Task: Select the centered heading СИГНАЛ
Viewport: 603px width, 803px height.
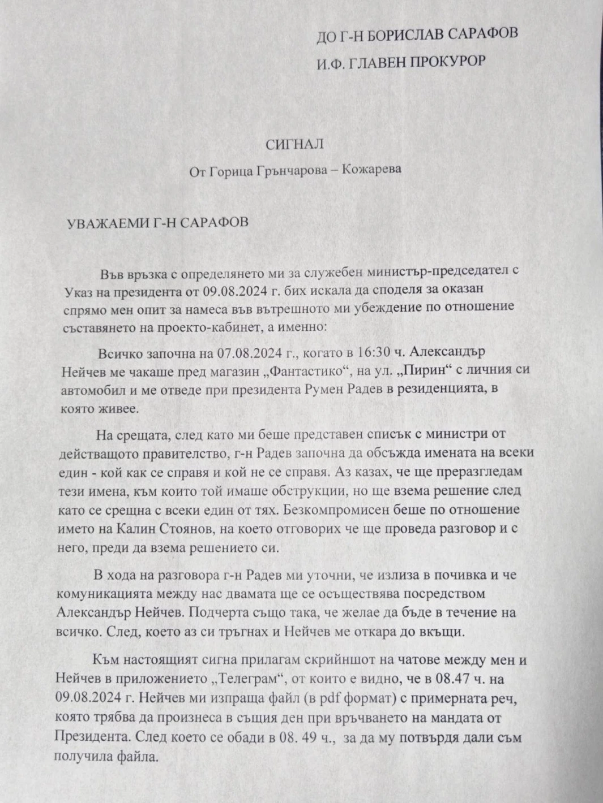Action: (294, 145)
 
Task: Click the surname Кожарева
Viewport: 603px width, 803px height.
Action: (371, 170)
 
